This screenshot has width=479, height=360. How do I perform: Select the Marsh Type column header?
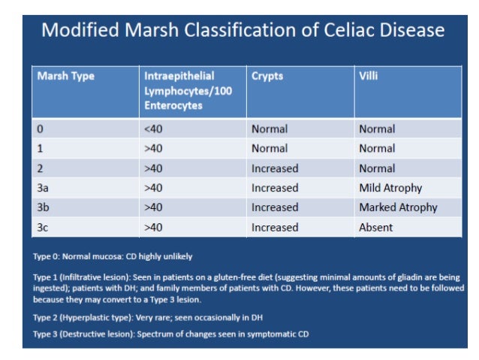pyautogui.click(x=66, y=76)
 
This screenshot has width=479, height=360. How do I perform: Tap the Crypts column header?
pyautogui.click(x=267, y=76)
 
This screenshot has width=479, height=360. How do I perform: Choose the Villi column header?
pyautogui.click(x=369, y=76)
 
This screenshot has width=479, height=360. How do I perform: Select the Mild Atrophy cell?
pyautogui.click(x=390, y=188)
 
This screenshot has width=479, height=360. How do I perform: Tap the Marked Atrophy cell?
pyautogui.click(x=398, y=207)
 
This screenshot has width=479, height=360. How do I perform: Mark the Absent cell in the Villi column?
pyautogui.click(x=376, y=227)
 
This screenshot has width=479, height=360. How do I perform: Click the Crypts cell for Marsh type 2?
pyautogui.click(x=275, y=168)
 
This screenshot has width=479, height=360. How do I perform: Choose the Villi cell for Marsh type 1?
pyautogui.click(x=377, y=149)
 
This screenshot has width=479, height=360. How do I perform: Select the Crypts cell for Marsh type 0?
pyautogui.click(x=270, y=129)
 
